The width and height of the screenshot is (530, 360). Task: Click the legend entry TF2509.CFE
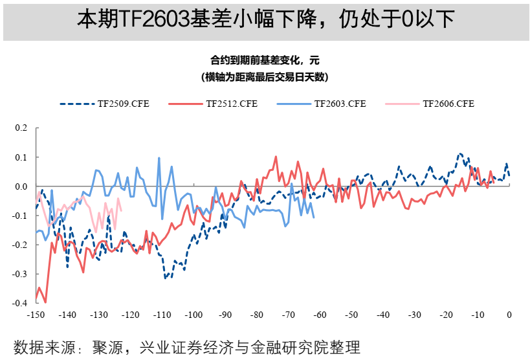[x=123, y=104]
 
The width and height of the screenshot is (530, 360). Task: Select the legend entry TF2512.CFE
[x=231, y=104]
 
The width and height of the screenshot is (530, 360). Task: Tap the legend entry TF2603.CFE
[x=340, y=104]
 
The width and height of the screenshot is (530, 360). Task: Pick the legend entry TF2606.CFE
[x=448, y=104]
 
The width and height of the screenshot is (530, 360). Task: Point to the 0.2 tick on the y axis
[x=21, y=128]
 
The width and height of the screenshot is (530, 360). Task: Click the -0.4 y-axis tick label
[x=20, y=302]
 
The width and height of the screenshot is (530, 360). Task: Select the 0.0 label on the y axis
[x=21, y=186]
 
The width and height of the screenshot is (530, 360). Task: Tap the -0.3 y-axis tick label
[x=20, y=273]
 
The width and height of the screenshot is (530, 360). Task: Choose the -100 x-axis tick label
[x=193, y=315]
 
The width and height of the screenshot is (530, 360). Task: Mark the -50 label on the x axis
[x=351, y=315]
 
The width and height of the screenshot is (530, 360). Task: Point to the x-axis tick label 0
[x=509, y=315]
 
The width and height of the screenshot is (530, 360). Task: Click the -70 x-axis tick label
[x=288, y=315]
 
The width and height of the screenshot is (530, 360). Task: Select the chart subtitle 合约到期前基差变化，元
[x=265, y=61]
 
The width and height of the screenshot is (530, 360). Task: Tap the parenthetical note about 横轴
[x=265, y=77]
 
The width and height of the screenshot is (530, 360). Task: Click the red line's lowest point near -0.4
[x=45, y=302]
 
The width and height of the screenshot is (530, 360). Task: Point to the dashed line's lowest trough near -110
[x=165, y=278]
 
